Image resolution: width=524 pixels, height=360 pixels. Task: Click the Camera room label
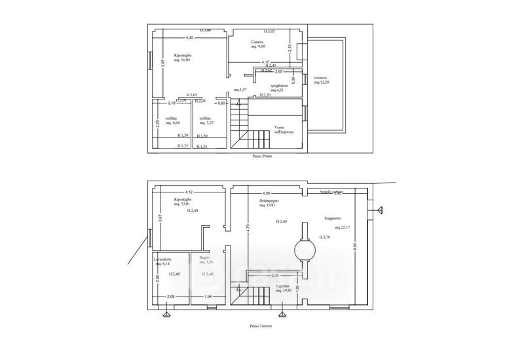pos(257,44)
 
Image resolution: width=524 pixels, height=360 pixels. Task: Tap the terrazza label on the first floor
pos(320,78)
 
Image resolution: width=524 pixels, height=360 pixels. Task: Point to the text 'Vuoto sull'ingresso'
pos(284,129)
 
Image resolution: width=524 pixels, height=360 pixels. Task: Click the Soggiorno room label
pos(332,217)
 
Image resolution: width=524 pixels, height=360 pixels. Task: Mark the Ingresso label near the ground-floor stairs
pos(282,287)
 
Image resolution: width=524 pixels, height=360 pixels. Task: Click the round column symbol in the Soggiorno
pos(303,249)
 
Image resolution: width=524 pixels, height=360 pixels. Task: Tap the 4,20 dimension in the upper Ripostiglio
pos(189,37)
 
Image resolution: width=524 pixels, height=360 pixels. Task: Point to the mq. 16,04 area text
pos(182,59)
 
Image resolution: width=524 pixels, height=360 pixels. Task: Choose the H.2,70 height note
pos(325,236)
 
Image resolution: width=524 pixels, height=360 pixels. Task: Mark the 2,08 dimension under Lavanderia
pos(170,298)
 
